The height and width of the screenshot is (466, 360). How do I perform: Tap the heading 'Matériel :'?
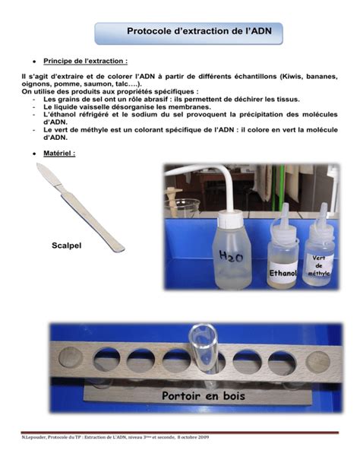click(59, 153)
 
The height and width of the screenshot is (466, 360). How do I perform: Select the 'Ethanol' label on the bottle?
click(282, 272)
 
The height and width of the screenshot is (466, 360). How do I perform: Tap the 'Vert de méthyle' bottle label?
click(317, 264)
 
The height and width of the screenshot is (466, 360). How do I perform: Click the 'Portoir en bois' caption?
click(203, 396)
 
